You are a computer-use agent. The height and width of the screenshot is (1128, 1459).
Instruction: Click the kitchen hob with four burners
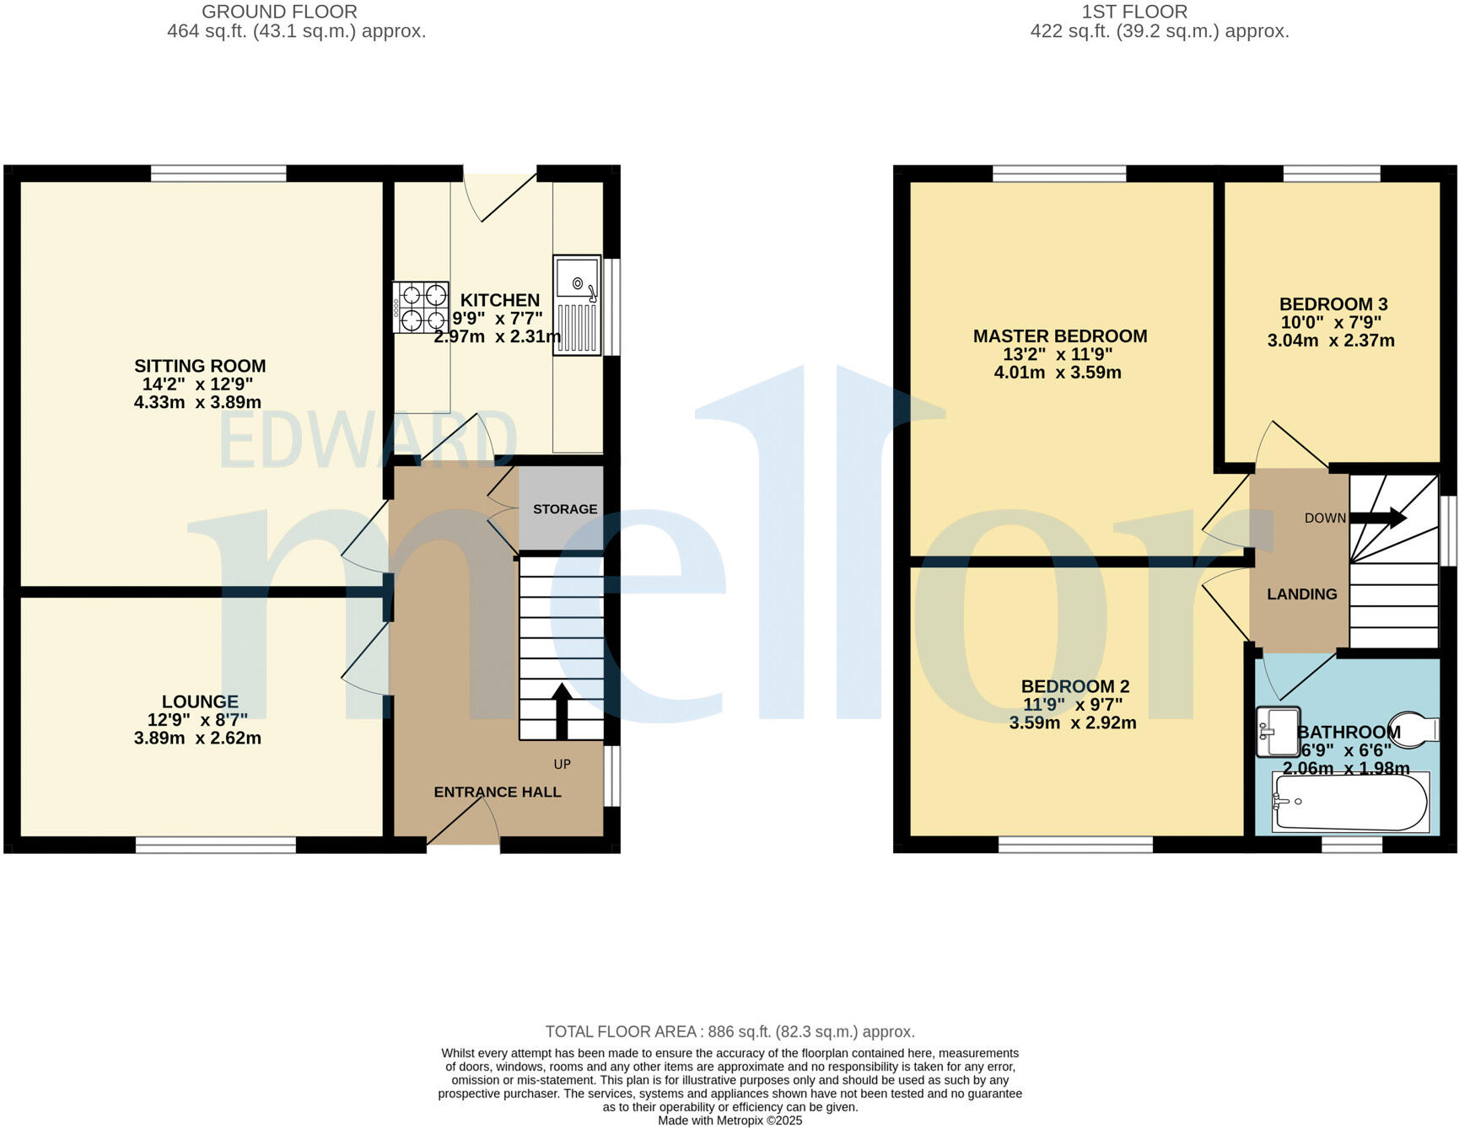[420, 308]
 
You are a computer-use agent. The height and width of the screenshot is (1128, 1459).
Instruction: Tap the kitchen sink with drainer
[578, 305]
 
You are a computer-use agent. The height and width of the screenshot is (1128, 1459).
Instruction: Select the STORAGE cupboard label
[564, 509]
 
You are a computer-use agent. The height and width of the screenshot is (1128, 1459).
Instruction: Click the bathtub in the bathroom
[1350, 802]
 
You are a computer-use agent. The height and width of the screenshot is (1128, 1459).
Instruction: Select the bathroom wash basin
[1277, 731]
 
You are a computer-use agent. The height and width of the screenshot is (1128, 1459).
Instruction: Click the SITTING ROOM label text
[200, 366]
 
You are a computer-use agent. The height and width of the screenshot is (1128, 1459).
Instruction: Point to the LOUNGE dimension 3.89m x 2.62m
[197, 739]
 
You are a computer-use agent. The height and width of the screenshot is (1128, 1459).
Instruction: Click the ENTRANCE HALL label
[497, 792]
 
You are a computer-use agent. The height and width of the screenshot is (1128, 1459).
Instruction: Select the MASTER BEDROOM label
[1059, 336]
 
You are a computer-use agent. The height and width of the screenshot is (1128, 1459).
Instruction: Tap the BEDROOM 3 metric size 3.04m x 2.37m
[1330, 341]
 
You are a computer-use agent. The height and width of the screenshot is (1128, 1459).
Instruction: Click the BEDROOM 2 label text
[1074, 686]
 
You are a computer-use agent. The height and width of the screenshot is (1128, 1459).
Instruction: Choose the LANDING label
[1301, 594]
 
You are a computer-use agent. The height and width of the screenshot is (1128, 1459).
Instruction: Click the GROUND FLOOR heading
[279, 12]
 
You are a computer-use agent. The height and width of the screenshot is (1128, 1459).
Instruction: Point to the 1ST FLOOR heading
[1134, 12]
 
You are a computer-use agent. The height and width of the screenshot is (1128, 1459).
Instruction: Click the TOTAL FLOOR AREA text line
[729, 1032]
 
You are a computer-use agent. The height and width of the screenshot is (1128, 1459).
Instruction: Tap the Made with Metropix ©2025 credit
[729, 1120]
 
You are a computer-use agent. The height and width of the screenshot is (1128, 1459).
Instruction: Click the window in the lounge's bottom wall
[216, 845]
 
